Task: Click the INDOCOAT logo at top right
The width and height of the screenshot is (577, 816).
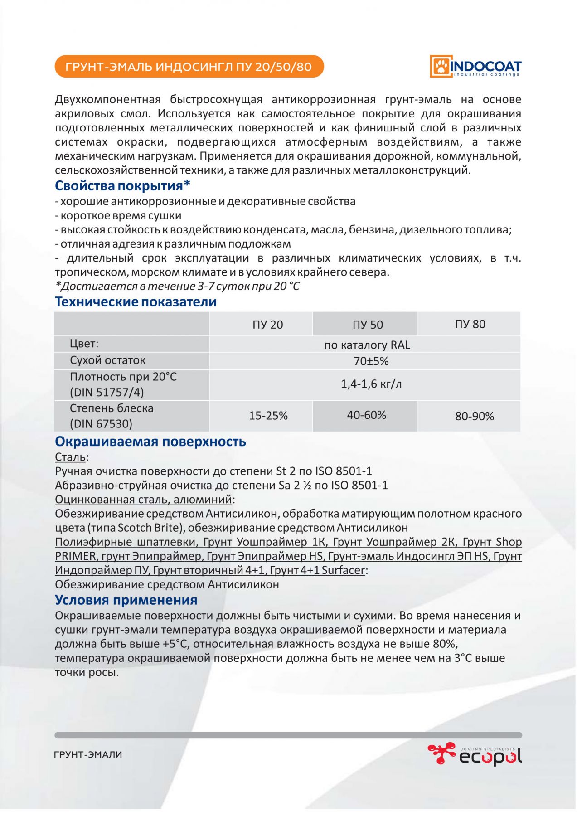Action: tap(475, 66)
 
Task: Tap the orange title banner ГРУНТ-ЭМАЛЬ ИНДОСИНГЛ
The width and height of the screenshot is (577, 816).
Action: tap(189, 67)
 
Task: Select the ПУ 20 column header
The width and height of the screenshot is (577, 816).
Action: tap(267, 325)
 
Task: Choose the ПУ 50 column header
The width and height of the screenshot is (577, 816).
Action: tap(368, 325)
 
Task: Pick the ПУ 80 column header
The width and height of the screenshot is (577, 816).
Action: tap(470, 324)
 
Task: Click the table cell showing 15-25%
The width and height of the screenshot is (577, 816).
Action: tap(268, 416)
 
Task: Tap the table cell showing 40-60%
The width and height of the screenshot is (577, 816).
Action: tap(366, 415)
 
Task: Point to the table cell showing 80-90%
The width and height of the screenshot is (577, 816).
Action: tap(474, 416)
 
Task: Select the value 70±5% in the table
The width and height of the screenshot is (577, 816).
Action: tap(371, 361)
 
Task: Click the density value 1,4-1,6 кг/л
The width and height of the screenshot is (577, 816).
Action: tap(371, 384)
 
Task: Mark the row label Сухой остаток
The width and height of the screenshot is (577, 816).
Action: tap(107, 360)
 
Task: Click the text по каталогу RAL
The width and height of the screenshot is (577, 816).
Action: tap(367, 345)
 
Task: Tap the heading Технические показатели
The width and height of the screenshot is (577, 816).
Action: tap(136, 302)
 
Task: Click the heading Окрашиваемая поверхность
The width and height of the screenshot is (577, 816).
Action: tap(150, 442)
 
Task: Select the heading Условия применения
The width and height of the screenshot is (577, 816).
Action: tap(126, 600)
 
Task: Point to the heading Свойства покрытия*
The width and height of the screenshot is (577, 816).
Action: tap(122, 186)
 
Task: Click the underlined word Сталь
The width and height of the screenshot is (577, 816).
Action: tap(70, 457)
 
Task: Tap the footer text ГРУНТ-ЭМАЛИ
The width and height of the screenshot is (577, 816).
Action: tap(88, 755)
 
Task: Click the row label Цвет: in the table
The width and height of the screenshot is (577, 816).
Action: tap(84, 344)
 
